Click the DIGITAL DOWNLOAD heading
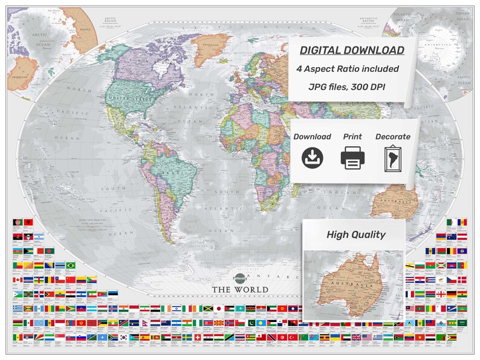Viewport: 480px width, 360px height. (350, 50)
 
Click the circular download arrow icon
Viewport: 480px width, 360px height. (313, 159)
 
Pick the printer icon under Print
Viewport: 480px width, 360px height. (352, 159)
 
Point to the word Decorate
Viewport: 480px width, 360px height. (393, 137)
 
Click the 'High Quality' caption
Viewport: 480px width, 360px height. (355, 234)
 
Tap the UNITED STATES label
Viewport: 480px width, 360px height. (129, 97)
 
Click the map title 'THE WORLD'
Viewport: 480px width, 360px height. (240, 289)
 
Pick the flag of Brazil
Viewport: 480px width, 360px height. (71, 265)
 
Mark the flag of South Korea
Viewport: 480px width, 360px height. (125, 338)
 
